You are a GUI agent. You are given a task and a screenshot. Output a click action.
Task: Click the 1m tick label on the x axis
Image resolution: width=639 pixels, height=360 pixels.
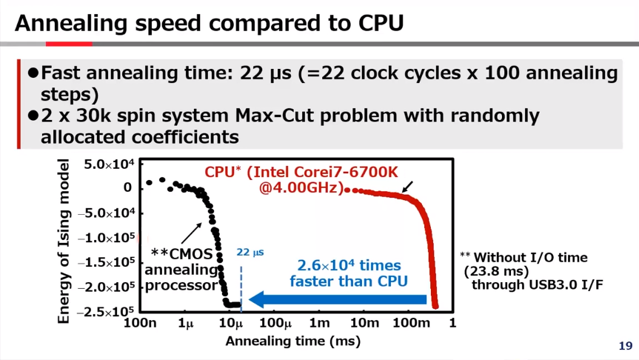(319, 323)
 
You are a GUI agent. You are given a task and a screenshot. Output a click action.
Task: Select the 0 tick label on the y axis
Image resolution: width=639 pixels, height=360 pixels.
(128, 188)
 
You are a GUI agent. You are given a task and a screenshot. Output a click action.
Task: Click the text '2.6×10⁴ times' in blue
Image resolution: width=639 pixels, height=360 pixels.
(349, 265)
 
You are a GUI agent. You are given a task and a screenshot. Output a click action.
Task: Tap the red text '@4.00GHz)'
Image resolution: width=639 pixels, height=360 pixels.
(301, 188)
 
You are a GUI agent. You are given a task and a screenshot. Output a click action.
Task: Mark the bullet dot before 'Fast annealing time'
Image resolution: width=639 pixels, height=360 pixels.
(33, 73)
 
